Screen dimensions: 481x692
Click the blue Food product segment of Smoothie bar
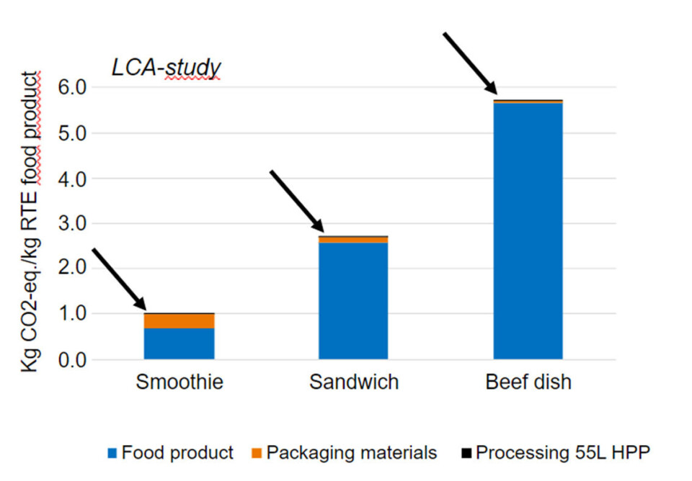pos(179,343)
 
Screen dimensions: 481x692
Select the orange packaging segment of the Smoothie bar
pos(179,320)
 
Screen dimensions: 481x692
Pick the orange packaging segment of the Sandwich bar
pos(353,240)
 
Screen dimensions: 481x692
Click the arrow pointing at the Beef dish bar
pos(470,63)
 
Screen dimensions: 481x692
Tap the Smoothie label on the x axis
pos(179,382)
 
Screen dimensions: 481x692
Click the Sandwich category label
pos(354,382)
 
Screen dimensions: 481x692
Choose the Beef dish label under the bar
pos(528,382)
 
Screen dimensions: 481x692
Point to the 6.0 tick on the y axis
pos(71,87)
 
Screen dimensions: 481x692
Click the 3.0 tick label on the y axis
pos(71,223)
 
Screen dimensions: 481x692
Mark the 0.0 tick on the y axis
pos(71,359)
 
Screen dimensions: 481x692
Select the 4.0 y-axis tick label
pos(71,178)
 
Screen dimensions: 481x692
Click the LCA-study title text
pos(165,67)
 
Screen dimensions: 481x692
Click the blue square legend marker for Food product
pos(112,454)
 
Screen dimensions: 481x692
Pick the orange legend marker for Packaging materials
pos(257,454)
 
